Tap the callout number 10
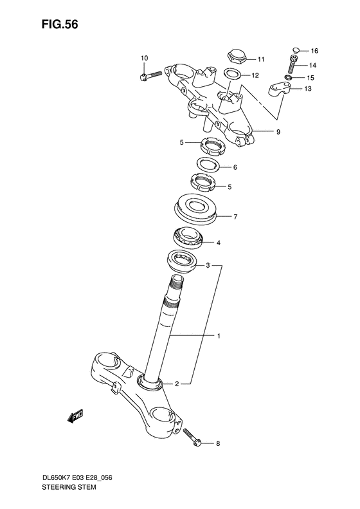click(x=143, y=59)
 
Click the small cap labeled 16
click(x=296, y=48)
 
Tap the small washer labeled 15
click(x=289, y=78)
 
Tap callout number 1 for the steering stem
click(x=218, y=335)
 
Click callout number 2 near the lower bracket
click(x=177, y=384)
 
